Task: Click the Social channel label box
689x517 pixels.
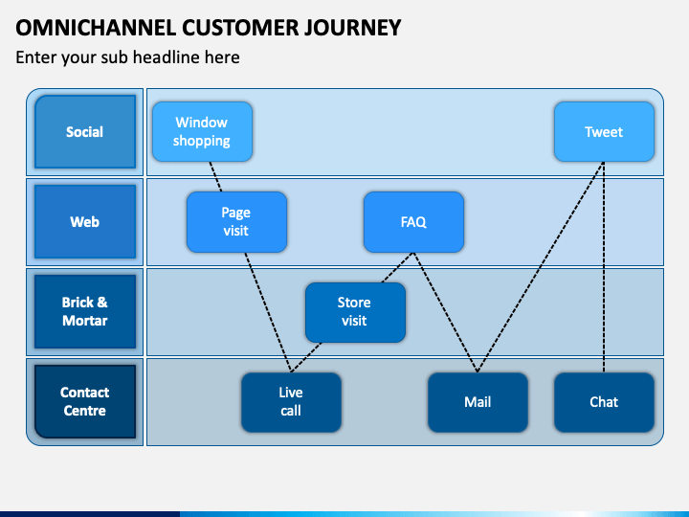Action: point(85,132)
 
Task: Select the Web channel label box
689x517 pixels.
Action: point(85,221)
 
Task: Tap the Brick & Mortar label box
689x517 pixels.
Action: point(85,311)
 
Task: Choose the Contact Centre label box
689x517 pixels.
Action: point(85,401)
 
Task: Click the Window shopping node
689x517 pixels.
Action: point(202,132)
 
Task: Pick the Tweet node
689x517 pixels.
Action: point(604,132)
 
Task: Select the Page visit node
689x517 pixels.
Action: point(237,222)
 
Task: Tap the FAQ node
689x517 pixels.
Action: point(414,222)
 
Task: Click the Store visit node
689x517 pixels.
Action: point(355,312)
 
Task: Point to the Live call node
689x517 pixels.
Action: point(291,402)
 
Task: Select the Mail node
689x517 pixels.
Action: point(478,402)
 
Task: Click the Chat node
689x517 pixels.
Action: point(604,402)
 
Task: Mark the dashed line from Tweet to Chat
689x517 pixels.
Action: point(604,267)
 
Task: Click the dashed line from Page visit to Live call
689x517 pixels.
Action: point(268,312)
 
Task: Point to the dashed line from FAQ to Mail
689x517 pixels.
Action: point(446,312)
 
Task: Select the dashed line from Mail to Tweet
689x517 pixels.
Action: point(541,267)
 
